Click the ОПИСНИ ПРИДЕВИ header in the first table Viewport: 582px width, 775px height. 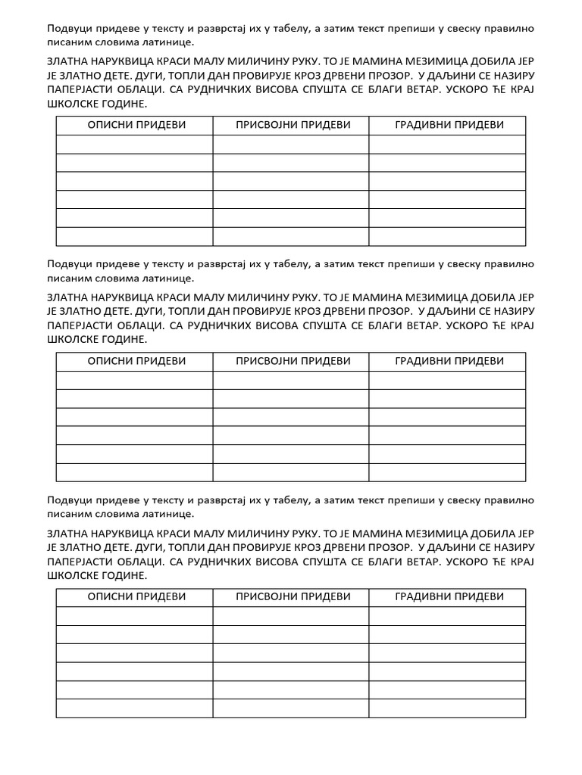click(x=135, y=125)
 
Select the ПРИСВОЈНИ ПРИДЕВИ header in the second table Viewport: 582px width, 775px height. click(x=292, y=361)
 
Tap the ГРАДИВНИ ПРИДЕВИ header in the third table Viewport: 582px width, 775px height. click(x=449, y=596)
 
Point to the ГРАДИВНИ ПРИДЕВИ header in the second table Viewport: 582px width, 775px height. click(x=449, y=361)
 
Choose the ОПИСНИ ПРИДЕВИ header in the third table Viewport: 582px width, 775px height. click(x=135, y=596)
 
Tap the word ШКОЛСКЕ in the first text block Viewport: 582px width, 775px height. click(x=76, y=104)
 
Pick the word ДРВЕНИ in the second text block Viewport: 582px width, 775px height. click(x=348, y=312)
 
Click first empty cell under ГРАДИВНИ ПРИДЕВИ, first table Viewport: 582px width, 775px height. click(x=447, y=145)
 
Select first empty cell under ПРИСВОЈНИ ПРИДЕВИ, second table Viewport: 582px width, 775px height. click(x=291, y=380)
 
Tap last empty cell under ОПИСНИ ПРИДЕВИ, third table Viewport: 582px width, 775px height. click(x=134, y=708)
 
